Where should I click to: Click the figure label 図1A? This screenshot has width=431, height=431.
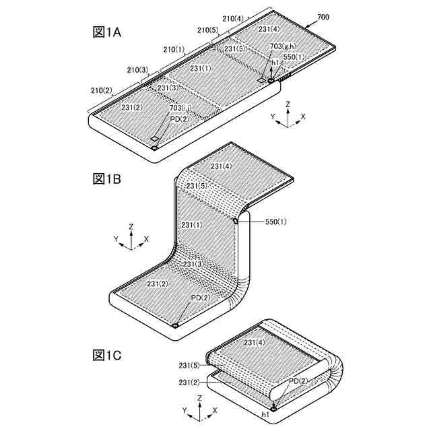click(x=107, y=32)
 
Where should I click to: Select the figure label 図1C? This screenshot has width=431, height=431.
click(x=107, y=354)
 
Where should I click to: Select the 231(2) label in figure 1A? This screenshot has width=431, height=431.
click(x=131, y=107)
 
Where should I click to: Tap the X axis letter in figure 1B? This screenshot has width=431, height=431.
click(x=147, y=239)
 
